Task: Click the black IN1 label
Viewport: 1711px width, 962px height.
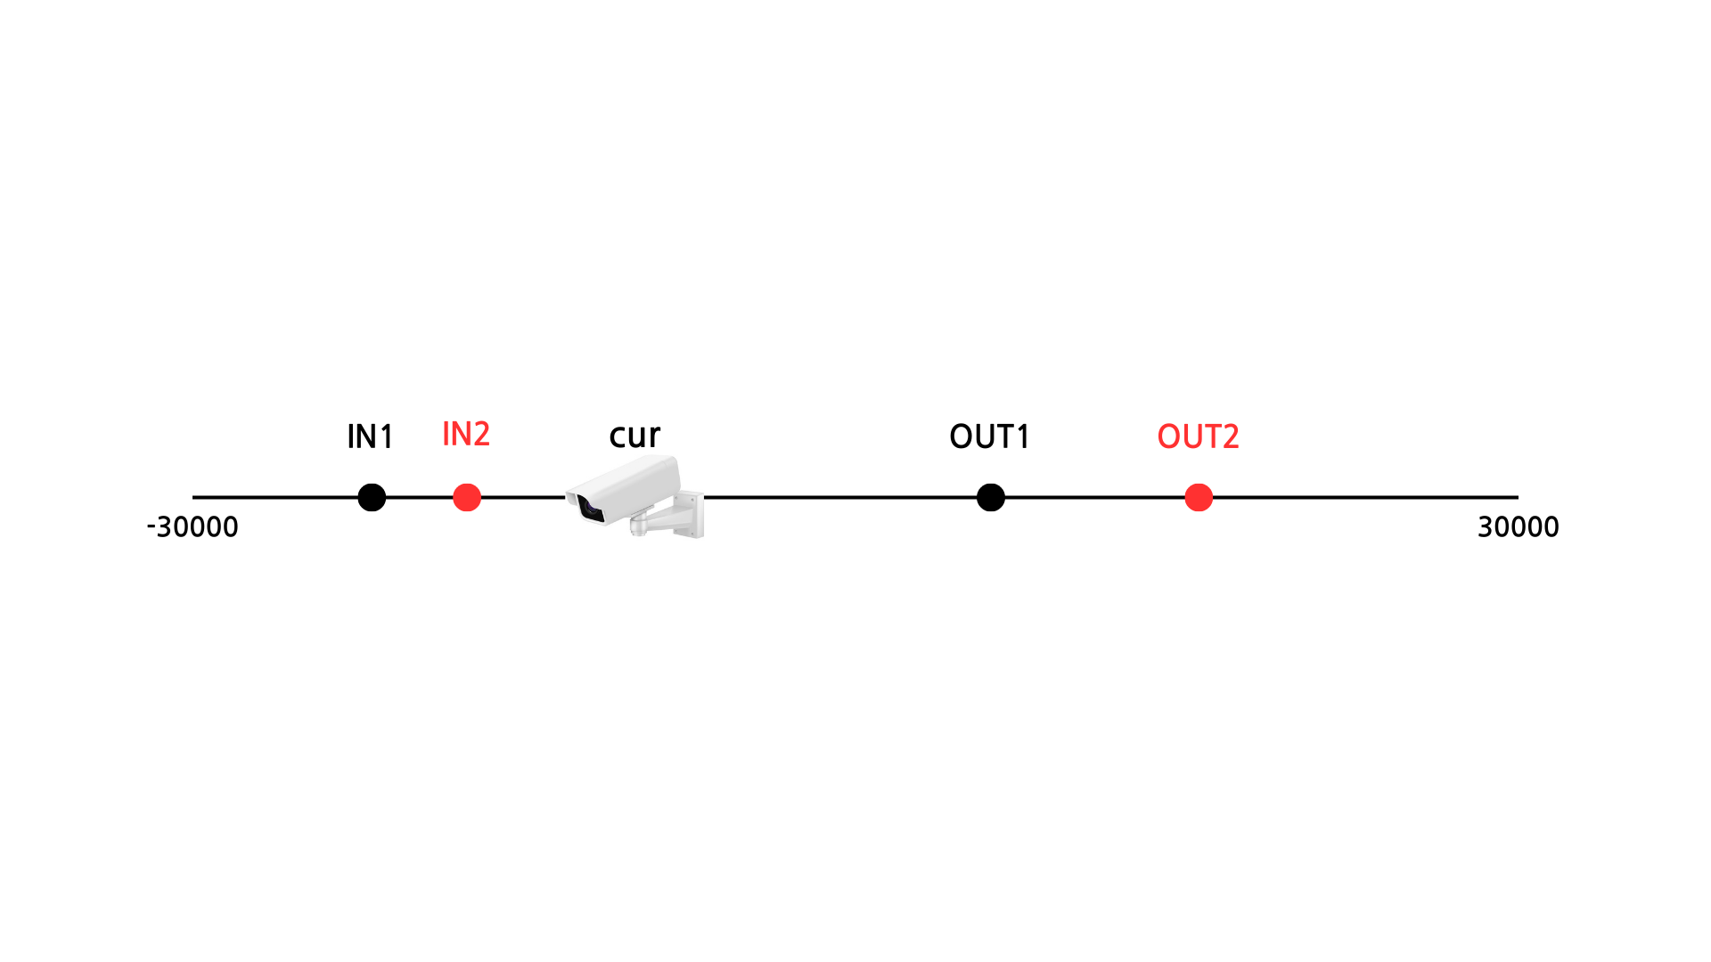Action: click(370, 436)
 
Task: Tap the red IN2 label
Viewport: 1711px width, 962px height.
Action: click(466, 434)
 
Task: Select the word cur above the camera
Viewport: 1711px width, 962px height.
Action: click(634, 436)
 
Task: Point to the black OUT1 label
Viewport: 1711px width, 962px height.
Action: click(989, 436)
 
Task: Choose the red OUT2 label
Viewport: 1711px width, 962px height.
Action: click(1198, 436)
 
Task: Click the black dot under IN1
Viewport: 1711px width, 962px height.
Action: click(372, 497)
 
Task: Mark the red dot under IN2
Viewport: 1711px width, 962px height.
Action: click(467, 497)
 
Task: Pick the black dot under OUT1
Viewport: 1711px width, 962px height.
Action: click(990, 497)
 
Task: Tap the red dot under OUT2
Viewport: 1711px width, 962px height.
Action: click(1199, 497)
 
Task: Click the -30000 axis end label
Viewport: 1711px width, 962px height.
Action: click(192, 526)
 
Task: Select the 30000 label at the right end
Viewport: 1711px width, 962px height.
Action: click(1518, 526)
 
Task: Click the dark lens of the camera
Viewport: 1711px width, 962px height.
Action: click(590, 509)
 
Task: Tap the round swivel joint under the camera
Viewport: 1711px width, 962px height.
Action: click(639, 523)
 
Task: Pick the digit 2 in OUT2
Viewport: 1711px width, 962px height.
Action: click(1230, 436)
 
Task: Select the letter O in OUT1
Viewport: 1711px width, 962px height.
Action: click(961, 436)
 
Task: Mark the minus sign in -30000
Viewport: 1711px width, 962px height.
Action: click(151, 527)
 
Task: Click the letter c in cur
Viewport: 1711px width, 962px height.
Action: click(618, 436)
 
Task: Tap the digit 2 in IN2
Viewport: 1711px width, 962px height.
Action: click(480, 434)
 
